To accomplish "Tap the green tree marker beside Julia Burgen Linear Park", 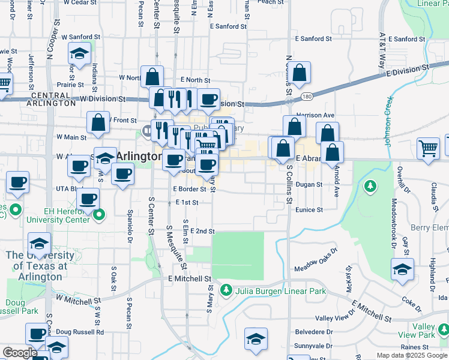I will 226,291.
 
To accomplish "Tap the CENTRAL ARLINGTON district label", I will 52,99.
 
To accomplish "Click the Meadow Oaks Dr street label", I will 316,267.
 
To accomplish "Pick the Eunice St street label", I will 309,210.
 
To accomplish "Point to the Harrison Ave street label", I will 315,115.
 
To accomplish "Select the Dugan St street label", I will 309,185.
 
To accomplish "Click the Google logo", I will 20,353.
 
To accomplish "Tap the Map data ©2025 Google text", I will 412,355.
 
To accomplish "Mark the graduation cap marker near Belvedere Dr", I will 256,340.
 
